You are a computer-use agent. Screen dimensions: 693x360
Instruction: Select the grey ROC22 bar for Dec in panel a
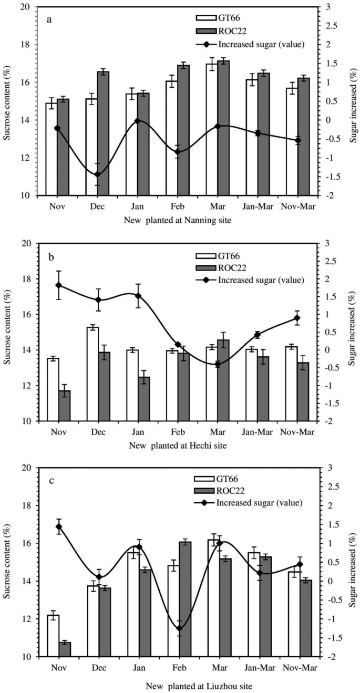click(104, 134)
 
